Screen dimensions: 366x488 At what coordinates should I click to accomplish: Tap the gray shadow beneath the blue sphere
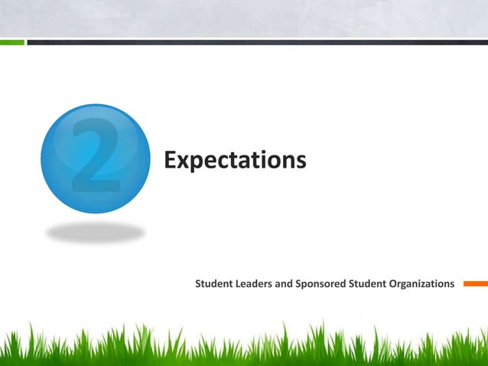point(95,232)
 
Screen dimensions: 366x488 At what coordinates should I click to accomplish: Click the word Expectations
point(235,161)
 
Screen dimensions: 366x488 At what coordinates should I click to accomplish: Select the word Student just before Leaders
point(214,284)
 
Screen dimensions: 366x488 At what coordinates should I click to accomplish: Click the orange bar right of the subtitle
point(475,284)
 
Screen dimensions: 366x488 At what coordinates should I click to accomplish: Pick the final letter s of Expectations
point(301,162)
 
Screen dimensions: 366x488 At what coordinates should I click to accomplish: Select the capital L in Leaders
point(239,284)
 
